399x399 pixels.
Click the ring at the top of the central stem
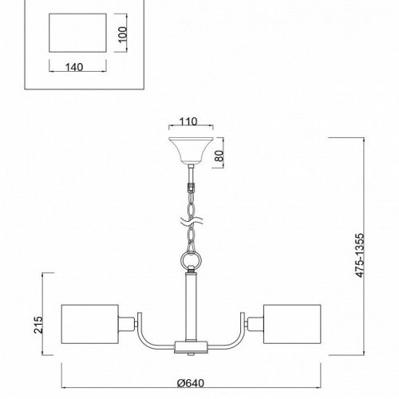(190, 260)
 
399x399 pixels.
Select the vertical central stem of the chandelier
(190, 307)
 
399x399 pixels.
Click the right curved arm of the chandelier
(232, 335)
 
